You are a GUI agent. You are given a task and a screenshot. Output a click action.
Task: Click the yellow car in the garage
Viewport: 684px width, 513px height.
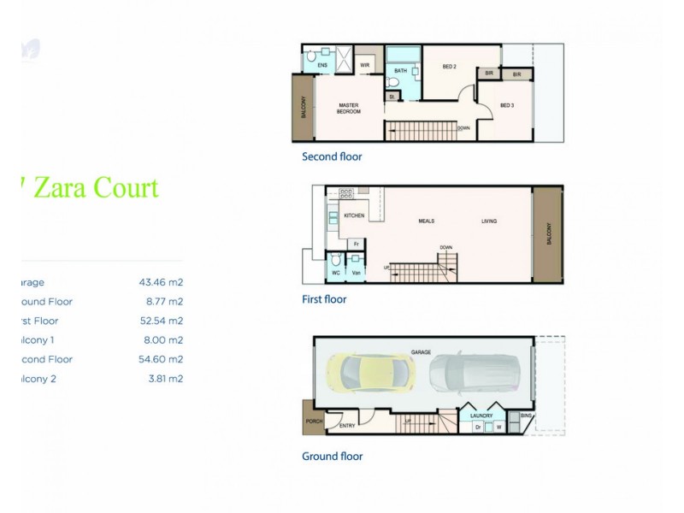click(369, 373)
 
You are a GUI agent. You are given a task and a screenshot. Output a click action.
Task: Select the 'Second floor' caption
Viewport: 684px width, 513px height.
click(332, 156)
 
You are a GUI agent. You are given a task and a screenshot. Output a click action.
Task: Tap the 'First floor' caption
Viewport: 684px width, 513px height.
click(324, 299)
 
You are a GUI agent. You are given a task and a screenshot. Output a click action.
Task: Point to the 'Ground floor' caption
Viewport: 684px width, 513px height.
click(332, 456)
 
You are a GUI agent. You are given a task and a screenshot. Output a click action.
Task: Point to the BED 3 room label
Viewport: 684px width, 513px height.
click(506, 105)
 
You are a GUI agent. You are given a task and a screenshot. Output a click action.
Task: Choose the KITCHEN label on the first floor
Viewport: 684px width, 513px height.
click(354, 215)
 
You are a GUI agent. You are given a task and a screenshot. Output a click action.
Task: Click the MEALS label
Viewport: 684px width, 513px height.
click(426, 221)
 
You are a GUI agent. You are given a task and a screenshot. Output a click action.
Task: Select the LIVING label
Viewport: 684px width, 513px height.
click(488, 221)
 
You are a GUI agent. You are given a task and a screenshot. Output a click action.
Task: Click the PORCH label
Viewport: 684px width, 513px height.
click(312, 421)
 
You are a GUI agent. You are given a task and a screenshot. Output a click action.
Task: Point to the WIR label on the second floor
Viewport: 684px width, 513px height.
click(364, 65)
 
